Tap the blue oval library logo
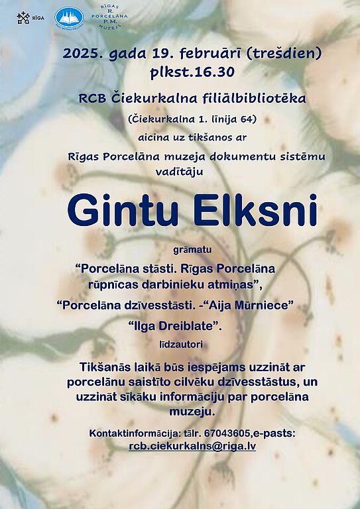click(x=69, y=18)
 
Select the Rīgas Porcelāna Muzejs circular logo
click(x=109, y=19)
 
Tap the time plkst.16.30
click(x=192, y=72)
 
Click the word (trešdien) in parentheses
click(x=284, y=53)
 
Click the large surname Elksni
click(x=255, y=210)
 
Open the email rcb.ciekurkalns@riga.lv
click(x=192, y=446)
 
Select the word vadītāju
click(x=179, y=172)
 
